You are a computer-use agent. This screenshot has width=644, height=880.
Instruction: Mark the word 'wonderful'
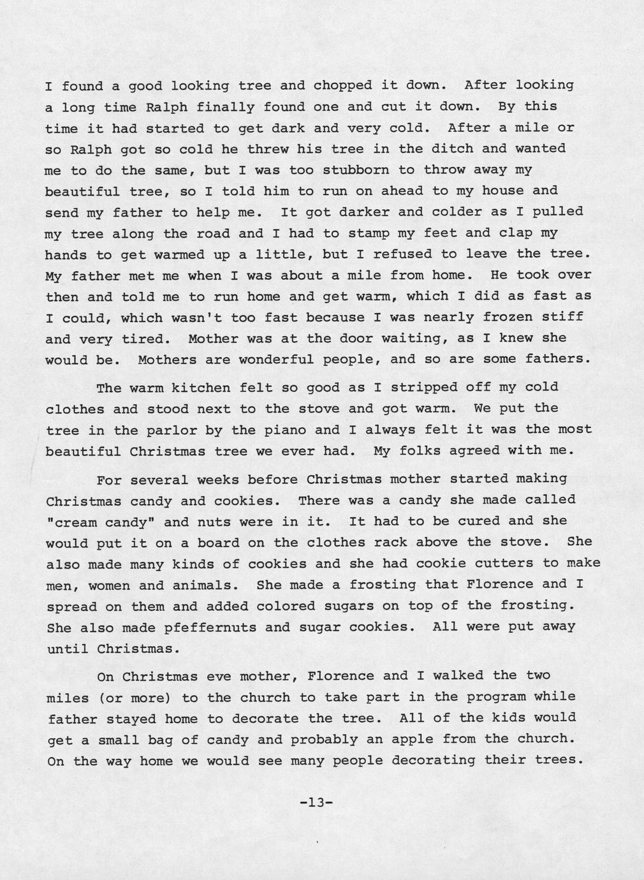(275, 360)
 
